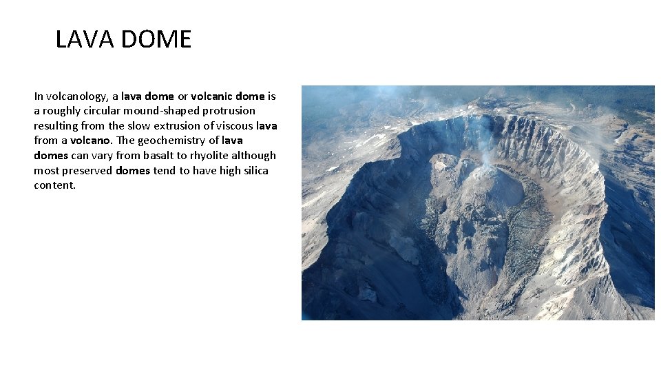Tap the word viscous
(x=231, y=126)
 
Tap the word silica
(x=254, y=171)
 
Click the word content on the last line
(x=54, y=185)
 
